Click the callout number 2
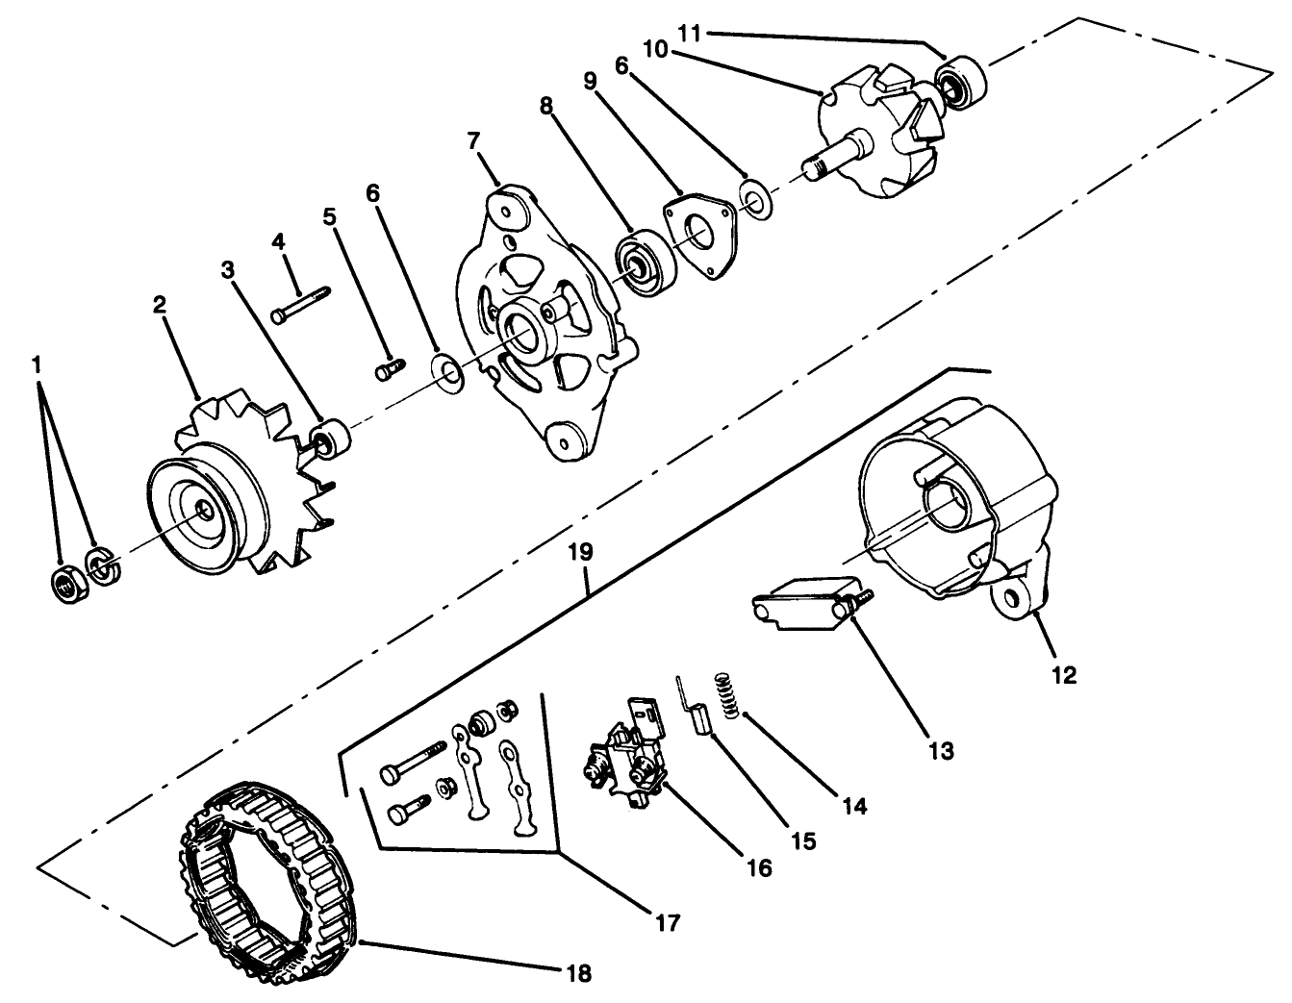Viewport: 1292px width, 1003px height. tap(160, 306)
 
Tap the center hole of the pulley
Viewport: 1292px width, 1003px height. tap(205, 513)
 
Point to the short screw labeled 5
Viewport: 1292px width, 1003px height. tap(388, 367)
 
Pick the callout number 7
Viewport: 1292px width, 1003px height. tap(473, 141)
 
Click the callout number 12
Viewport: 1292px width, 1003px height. tap(1064, 674)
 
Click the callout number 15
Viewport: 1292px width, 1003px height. tap(803, 840)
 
